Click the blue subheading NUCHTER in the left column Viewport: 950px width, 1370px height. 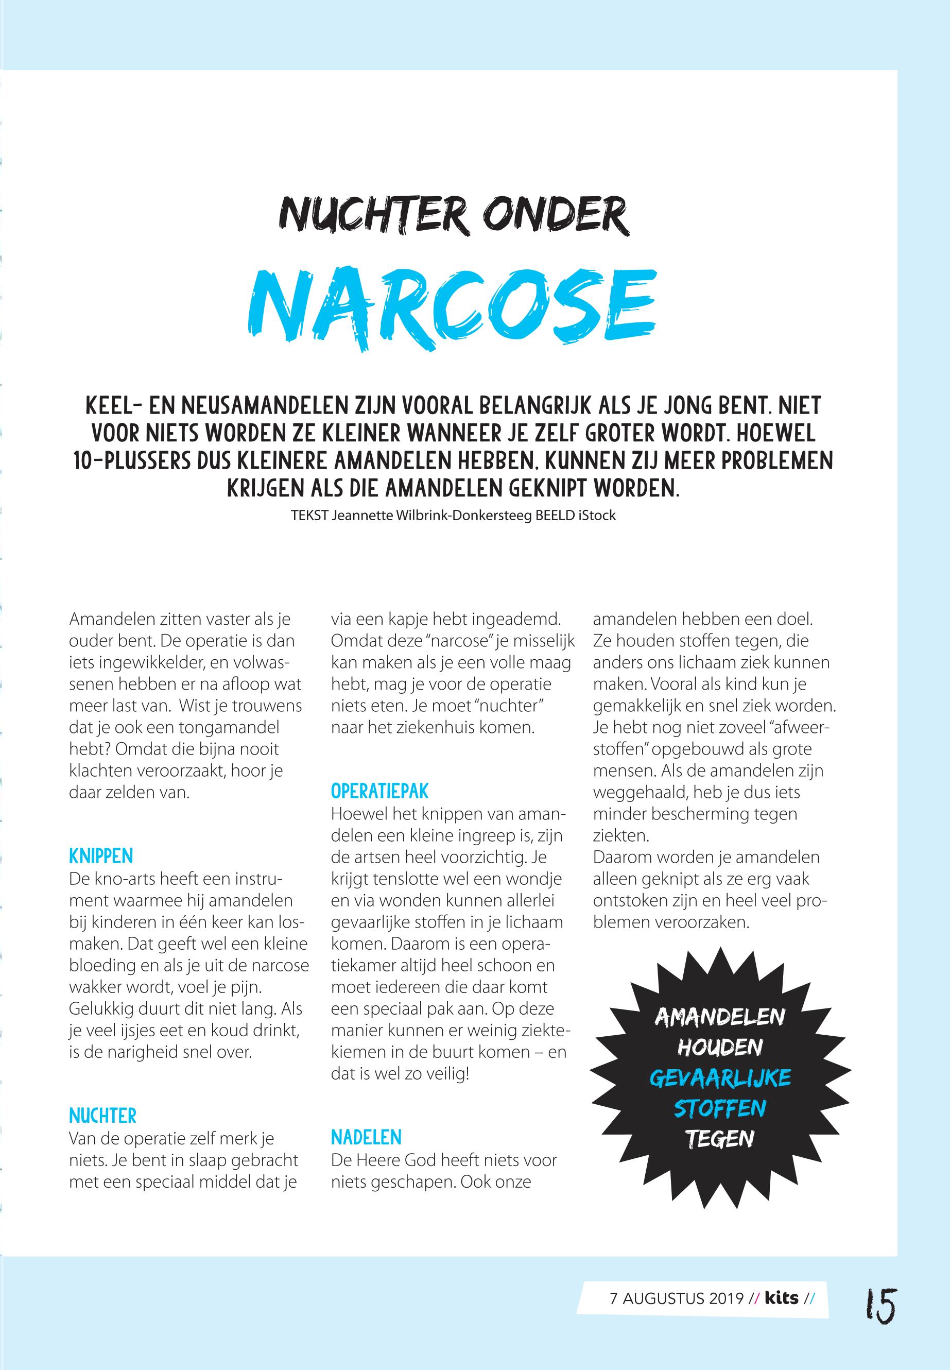tap(102, 1115)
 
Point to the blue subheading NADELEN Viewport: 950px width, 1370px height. tap(366, 1137)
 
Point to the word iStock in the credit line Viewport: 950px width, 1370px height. tap(599, 516)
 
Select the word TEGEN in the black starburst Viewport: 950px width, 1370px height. tap(720, 1139)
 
